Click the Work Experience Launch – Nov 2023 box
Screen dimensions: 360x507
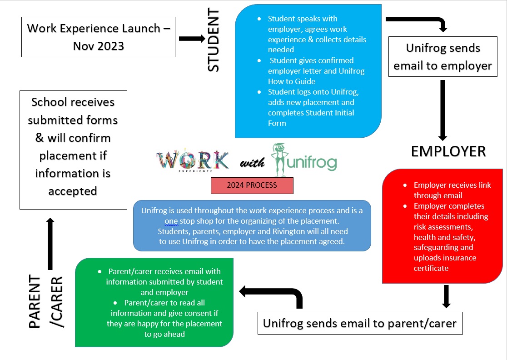pyautogui.click(x=98, y=37)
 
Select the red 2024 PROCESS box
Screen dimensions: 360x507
pyautogui.click(x=252, y=185)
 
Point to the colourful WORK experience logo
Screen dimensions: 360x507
pyautogui.click(x=193, y=161)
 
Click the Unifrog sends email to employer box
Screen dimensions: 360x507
pyautogui.click(x=442, y=57)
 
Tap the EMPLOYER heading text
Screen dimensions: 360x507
pyautogui.click(x=448, y=151)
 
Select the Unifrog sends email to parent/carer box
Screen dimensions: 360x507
pyautogui.click(x=359, y=323)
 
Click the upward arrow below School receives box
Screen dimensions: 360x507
pyautogui.click(x=50, y=243)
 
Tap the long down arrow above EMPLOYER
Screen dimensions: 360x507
pyautogui.click(x=443, y=109)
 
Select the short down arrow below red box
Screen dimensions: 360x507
pyautogui.click(x=446, y=296)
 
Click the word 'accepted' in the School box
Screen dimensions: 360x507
pyautogui.click(x=73, y=191)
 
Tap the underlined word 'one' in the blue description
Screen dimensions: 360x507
pyautogui.click(x=171, y=221)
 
